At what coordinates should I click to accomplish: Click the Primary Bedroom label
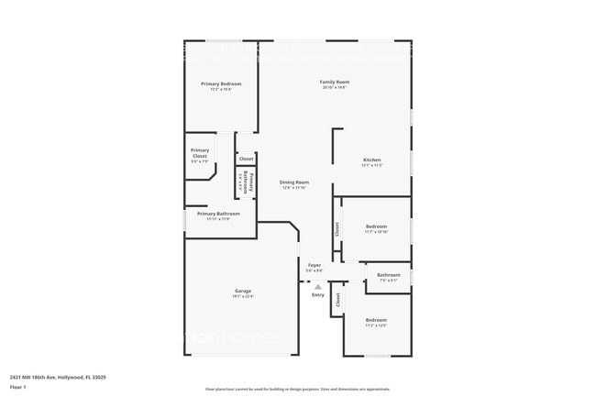[x=220, y=83]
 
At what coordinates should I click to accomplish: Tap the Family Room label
[x=334, y=82]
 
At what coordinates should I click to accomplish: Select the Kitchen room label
[x=371, y=160]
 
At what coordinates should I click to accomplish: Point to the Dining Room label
[x=294, y=182]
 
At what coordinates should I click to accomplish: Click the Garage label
[x=242, y=291]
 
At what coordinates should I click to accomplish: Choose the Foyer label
[x=315, y=265]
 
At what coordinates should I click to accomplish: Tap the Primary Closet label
[x=200, y=153]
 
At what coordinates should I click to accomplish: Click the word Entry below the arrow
[x=318, y=295]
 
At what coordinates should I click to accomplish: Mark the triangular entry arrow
[x=318, y=286]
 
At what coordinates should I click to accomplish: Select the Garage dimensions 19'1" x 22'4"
[x=242, y=296]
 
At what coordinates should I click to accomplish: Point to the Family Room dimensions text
[x=334, y=87]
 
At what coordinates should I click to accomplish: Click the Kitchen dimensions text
[x=371, y=165]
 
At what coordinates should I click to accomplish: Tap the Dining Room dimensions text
[x=294, y=187]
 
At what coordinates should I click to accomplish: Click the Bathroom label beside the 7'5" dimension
[x=388, y=274]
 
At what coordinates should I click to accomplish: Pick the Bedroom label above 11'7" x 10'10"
[x=376, y=226]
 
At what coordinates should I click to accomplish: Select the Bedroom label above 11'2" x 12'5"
[x=376, y=319]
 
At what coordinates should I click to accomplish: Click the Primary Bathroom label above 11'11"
[x=218, y=214]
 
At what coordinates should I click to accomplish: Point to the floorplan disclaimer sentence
[x=298, y=389]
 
